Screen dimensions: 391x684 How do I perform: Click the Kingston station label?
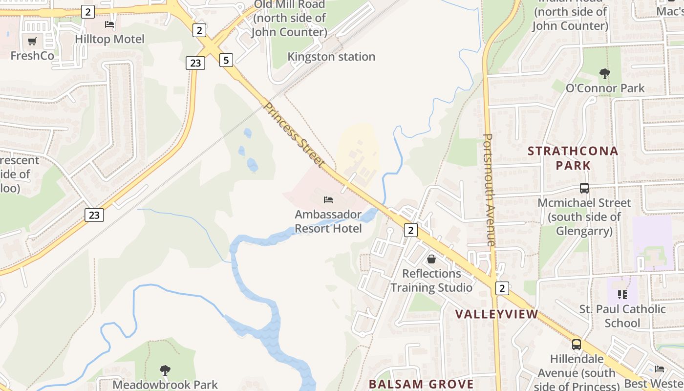(x=331, y=57)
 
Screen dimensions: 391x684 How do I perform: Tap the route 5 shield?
(x=226, y=60)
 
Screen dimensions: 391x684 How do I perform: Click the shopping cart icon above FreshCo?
(x=32, y=42)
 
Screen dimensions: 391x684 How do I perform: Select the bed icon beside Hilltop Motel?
(x=109, y=24)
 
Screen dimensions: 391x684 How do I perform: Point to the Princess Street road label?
(x=294, y=134)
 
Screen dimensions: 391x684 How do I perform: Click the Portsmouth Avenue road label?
(x=490, y=190)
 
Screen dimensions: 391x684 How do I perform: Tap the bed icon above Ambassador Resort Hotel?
(x=328, y=200)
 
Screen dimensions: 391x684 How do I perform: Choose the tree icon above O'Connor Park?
(x=605, y=74)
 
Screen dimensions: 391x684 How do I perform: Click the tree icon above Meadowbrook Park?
(x=165, y=370)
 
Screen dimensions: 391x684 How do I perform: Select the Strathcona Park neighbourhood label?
(x=573, y=158)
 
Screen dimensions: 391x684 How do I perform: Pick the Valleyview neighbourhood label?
(x=496, y=314)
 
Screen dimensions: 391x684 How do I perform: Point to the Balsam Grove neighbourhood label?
(x=421, y=384)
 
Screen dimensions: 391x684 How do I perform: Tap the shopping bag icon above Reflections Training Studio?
(x=431, y=259)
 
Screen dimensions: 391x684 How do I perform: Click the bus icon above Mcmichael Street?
(x=584, y=188)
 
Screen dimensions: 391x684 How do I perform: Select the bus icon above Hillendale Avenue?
(x=577, y=344)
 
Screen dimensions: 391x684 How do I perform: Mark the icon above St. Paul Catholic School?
(x=622, y=294)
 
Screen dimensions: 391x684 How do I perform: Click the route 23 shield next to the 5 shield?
(x=195, y=63)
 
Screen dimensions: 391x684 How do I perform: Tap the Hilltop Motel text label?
(x=110, y=39)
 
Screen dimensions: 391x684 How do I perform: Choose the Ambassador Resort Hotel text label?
(x=328, y=221)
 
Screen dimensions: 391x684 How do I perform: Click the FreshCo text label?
(x=32, y=56)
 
